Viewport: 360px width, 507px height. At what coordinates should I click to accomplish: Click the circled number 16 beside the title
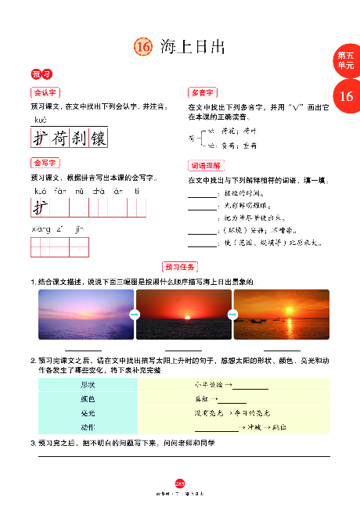(142, 48)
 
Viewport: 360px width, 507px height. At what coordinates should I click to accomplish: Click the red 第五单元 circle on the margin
(345, 61)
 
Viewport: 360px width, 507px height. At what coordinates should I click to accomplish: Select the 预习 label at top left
(41, 74)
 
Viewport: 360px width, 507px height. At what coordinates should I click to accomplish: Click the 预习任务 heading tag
(180, 266)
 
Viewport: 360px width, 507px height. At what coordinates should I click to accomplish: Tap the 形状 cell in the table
(88, 385)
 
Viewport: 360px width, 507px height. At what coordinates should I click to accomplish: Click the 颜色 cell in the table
(88, 399)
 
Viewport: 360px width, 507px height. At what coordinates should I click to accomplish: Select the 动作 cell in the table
(88, 427)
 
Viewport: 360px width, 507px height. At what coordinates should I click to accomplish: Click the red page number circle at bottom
(179, 484)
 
